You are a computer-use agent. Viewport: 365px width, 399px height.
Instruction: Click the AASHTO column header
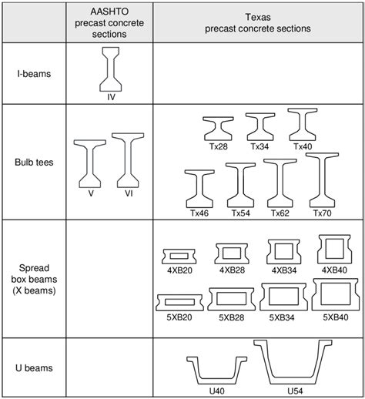pyautogui.click(x=102, y=22)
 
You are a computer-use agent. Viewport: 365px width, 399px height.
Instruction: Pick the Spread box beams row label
pyautogui.click(x=31, y=279)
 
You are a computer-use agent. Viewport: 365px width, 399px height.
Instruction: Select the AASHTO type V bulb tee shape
pyautogui.click(x=91, y=163)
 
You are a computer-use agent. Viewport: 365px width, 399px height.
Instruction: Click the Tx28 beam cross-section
pyautogui.click(x=219, y=128)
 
